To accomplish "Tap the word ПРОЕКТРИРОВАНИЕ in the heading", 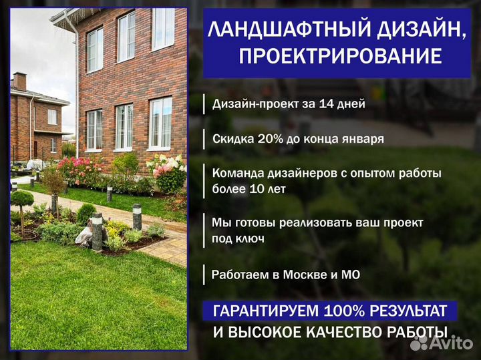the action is point(340,56).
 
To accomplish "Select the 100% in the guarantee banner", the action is point(344,311).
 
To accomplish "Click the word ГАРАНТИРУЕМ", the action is point(266,311).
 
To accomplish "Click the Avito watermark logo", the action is point(442,343).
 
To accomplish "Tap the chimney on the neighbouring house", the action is point(19,81).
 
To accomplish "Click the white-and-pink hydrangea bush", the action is point(167,172).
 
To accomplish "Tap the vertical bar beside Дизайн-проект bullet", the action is point(204,104).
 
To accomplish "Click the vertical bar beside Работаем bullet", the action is point(204,275).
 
